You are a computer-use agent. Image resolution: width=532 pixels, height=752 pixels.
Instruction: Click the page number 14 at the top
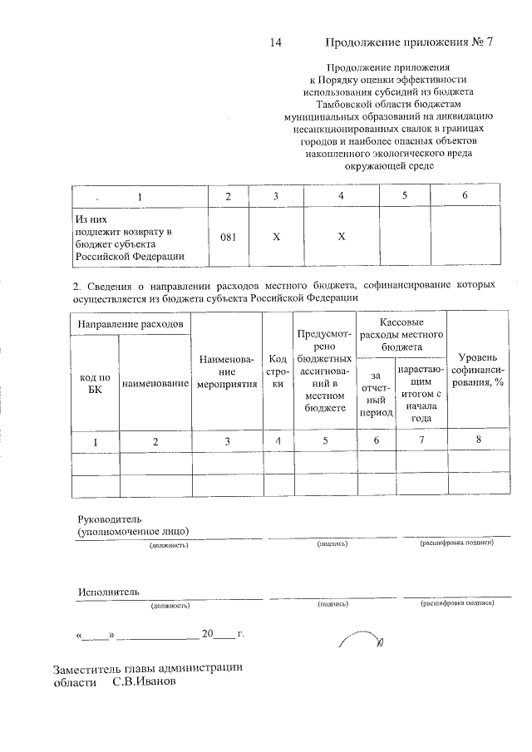click(278, 43)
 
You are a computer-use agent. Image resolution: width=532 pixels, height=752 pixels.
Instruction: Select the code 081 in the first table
click(229, 236)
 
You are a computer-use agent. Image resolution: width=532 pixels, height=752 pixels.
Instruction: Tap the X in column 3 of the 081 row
click(276, 236)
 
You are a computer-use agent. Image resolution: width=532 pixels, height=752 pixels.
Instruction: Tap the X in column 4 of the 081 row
click(341, 236)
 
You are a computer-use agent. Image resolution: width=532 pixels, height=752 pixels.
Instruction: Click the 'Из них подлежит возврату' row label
click(124, 236)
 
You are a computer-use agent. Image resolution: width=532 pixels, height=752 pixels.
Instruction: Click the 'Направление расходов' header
click(131, 322)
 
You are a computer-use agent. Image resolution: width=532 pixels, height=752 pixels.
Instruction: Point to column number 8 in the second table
click(478, 440)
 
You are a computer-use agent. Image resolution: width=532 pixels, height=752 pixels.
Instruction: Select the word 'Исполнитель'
click(108, 592)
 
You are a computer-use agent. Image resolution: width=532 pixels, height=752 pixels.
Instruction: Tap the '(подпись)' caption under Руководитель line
click(332, 543)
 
